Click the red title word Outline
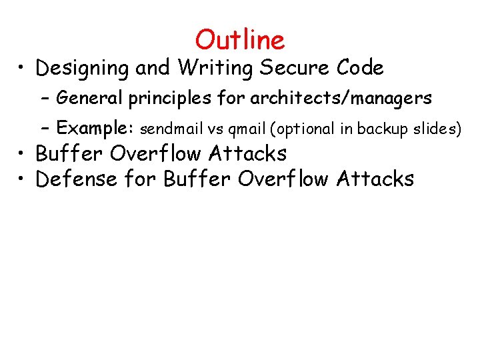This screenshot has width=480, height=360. [240, 40]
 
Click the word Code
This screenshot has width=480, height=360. [360, 67]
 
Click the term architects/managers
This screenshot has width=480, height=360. [341, 99]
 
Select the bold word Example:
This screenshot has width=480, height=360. [96, 127]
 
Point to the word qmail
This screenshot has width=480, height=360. [247, 129]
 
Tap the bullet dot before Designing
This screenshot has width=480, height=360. [22, 69]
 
